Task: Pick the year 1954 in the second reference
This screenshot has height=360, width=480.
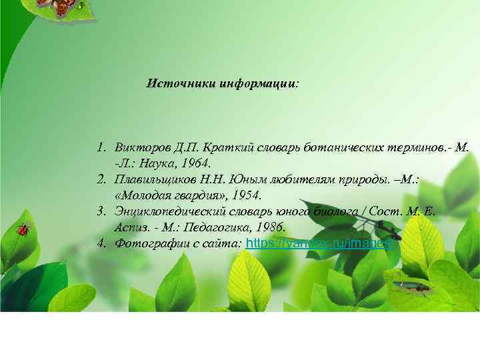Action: pos(249,195)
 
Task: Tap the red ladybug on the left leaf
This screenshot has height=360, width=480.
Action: pos(25,229)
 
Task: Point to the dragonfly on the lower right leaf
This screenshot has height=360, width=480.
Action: pos(410,286)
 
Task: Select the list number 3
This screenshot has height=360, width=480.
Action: pos(101,212)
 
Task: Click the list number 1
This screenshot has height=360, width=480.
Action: pos(101,147)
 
